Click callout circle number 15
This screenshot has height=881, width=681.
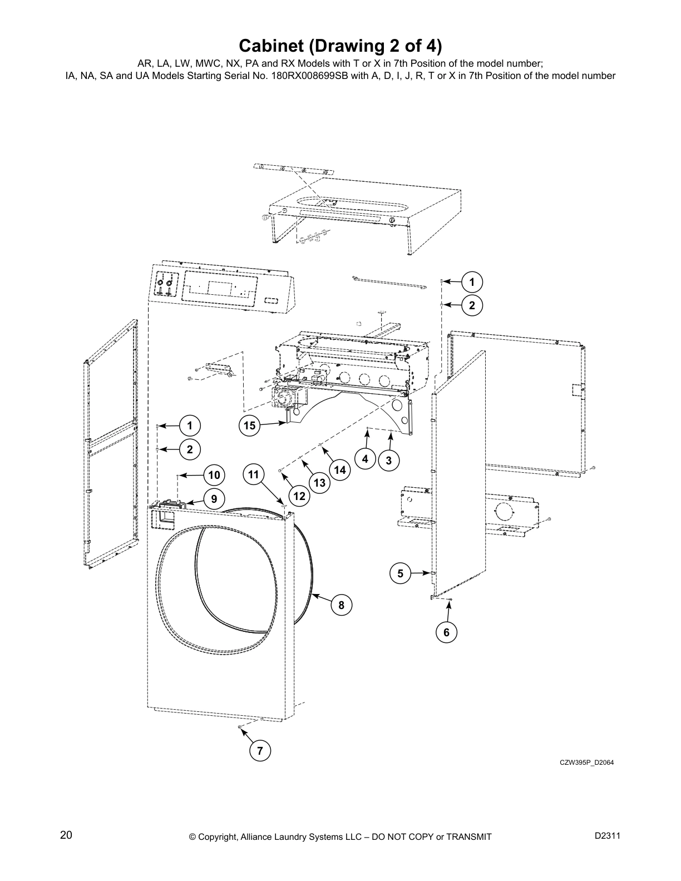[249, 425]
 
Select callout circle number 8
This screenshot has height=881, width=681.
[342, 605]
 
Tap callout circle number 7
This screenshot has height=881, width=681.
[260, 751]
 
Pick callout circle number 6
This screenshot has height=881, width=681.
[446, 632]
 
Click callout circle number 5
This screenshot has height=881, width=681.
[400, 573]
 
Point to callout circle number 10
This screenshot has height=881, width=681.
[214, 475]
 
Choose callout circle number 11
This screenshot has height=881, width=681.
[254, 474]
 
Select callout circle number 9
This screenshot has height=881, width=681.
[214, 498]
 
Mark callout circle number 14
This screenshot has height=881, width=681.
[340, 470]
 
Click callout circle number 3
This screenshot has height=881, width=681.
[388, 460]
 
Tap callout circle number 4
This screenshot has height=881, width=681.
[365, 459]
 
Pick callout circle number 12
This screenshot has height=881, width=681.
[299, 496]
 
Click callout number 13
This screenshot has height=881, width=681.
[319, 483]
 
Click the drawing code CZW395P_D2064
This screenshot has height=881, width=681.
[586, 763]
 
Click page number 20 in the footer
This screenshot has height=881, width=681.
[66, 834]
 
